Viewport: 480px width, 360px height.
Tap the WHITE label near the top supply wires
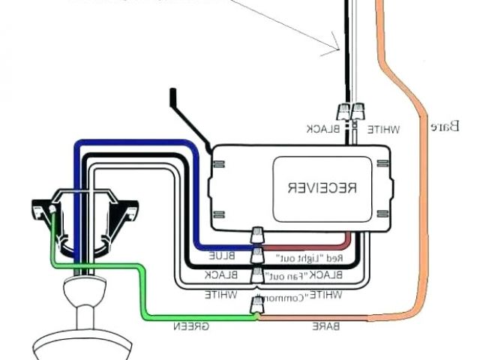coord(383,129)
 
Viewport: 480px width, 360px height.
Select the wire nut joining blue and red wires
coord(257,238)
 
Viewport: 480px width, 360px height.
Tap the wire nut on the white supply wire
coord(361,112)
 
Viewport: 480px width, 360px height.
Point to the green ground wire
coord(142,292)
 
